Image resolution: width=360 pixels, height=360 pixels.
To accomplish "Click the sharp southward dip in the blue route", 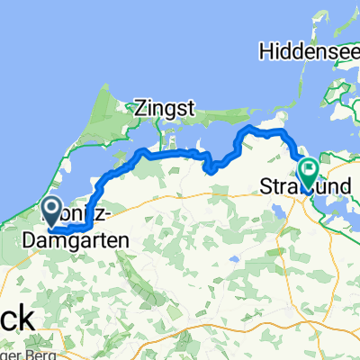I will tap(208, 166).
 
